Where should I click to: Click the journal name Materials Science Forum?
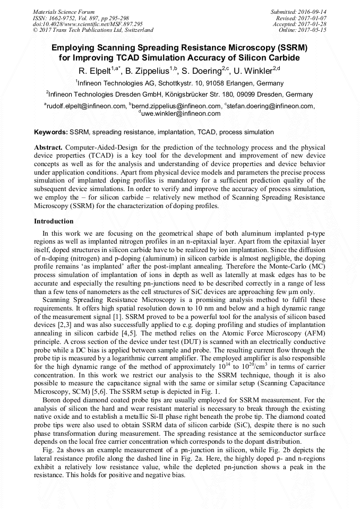pos(63,11)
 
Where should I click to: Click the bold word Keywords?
pos(50,132)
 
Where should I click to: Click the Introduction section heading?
pos(54,221)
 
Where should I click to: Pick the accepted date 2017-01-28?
pos(313,24)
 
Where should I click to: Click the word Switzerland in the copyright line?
pos(134,30)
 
